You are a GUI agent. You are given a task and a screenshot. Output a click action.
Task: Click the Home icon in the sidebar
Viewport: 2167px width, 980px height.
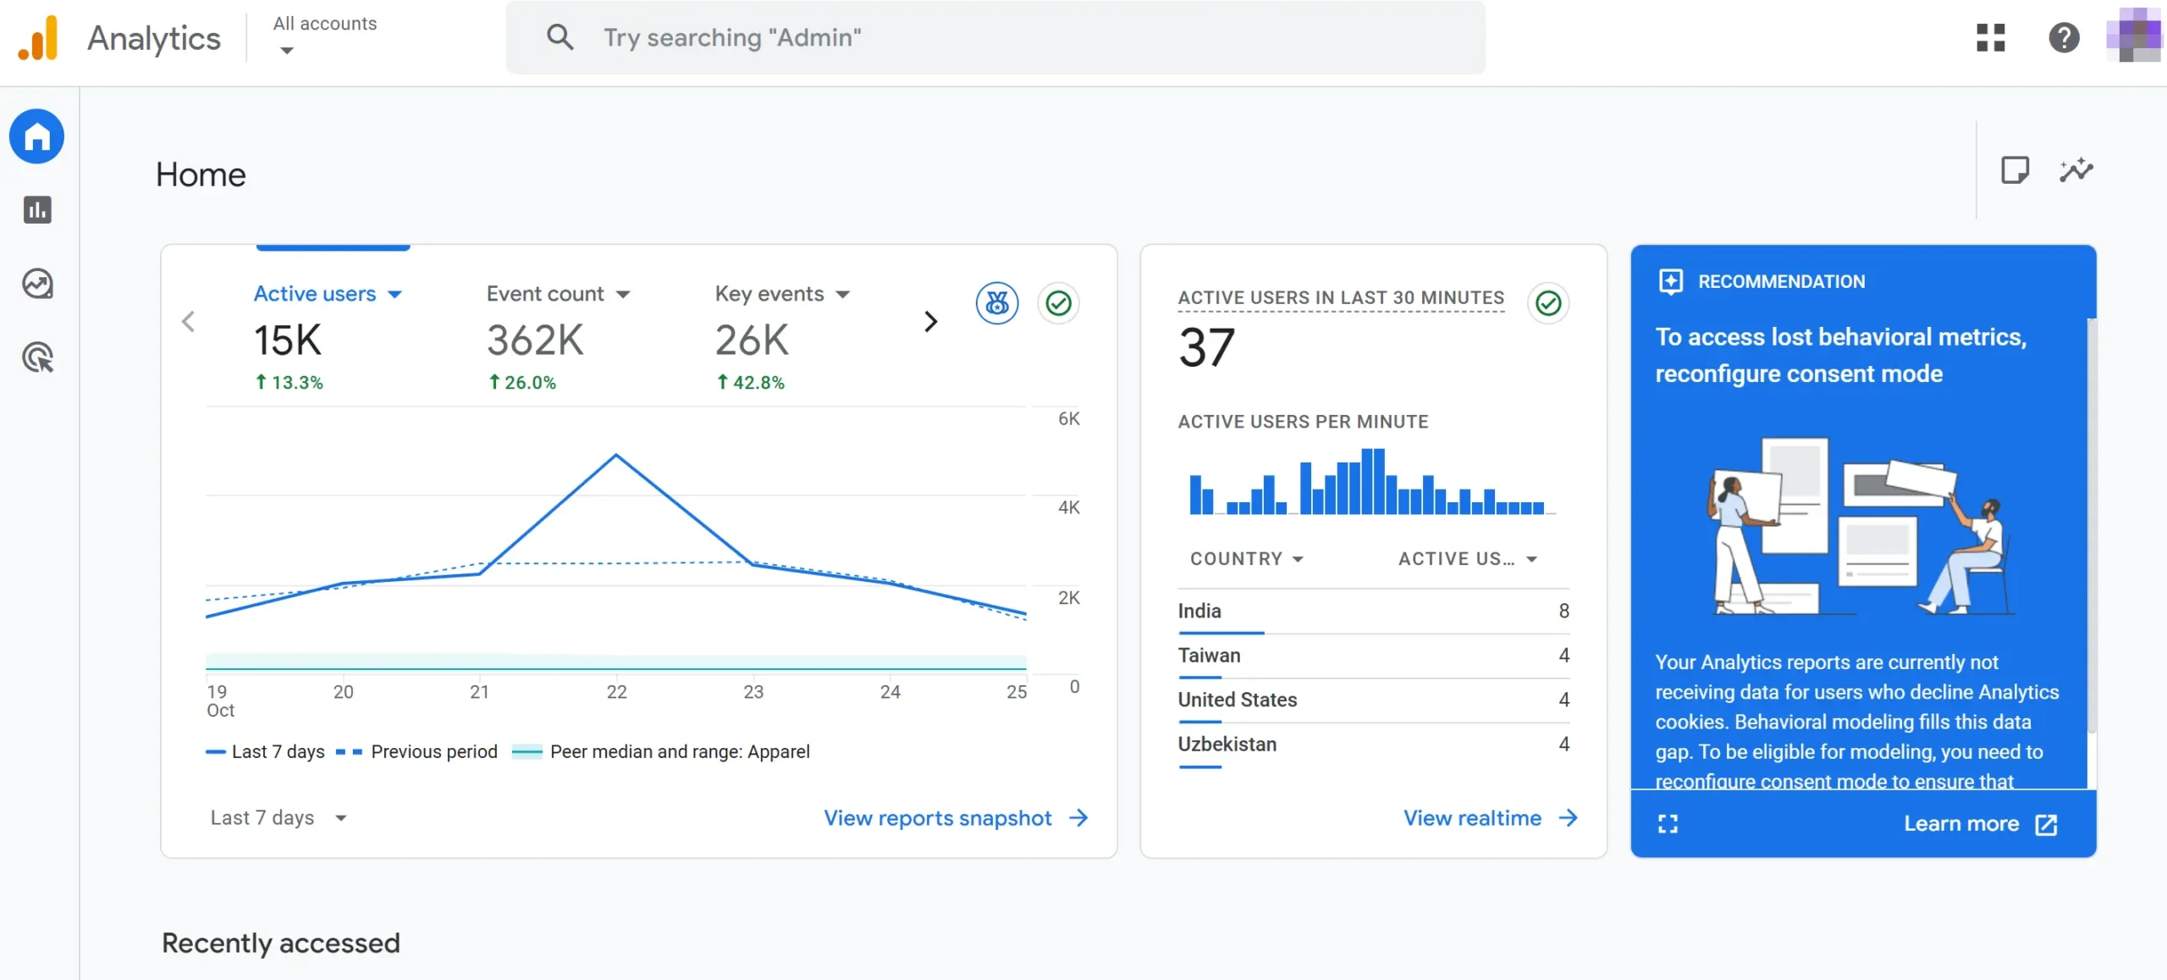(x=36, y=136)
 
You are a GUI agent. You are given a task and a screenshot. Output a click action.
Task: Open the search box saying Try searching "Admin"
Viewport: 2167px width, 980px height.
(x=995, y=37)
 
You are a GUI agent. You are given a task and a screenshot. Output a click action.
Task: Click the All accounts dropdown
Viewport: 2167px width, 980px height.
(x=324, y=36)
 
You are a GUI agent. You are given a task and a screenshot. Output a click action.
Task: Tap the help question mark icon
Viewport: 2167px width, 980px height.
(x=2064, y=37)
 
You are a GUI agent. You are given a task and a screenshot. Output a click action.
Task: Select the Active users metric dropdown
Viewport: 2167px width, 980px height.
(x=328, y=294)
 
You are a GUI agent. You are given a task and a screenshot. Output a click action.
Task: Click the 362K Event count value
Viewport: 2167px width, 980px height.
(x=535, y=341)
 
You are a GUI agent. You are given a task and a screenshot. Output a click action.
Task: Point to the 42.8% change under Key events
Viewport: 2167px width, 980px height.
(x=751, y=383)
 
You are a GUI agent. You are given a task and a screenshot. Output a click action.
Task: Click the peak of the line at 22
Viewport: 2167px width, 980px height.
(x=616, y=456)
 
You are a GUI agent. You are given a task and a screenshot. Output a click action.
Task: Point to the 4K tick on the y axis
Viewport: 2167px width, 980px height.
(x=1068, y=507)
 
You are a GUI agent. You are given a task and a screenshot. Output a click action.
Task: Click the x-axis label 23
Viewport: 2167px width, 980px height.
(x=753, y=692)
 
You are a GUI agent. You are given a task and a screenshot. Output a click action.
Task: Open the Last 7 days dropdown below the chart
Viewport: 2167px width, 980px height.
(x=278, y=817)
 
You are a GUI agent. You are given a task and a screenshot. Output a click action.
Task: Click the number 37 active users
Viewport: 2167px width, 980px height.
(x=1206, y=347)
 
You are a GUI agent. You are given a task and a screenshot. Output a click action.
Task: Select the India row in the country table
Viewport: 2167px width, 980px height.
(x=1371, y=611)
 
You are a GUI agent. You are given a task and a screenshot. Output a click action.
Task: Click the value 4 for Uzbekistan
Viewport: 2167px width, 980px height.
(x=1563, y=744)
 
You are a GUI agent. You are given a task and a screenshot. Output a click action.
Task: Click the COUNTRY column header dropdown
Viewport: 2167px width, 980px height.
(x=1246, y=559)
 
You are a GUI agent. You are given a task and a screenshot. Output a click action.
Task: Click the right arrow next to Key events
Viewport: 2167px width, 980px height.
(x=930, y=322)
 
